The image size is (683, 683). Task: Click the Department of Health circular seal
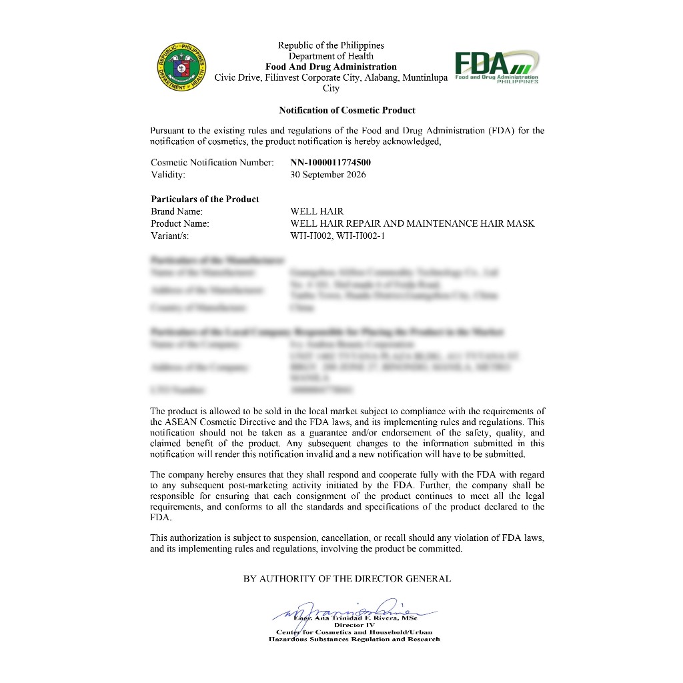coord(182,68)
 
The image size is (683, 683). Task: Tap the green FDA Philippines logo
coord(497,67)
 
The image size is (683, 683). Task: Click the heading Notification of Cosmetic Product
coord(347,110)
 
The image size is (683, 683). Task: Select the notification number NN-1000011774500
coord(331,162)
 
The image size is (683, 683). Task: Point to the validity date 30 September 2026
coord(328,175)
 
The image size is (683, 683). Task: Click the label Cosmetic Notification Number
coord(212,162)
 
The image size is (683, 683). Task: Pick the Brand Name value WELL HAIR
coord(317,211)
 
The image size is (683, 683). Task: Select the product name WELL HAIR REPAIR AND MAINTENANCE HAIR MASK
coord(412,223)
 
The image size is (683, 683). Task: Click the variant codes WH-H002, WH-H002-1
coord(338,235)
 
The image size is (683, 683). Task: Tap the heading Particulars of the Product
coord(205,199)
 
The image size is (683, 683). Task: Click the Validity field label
coord(168,175)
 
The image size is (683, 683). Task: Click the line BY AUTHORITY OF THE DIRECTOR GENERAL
coord(347,579)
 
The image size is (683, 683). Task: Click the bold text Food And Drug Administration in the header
coord(331,67)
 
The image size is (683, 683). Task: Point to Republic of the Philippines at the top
coord(331,45)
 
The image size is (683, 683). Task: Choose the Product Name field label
coord(180,223)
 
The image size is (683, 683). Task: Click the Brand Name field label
coord(177,211)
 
